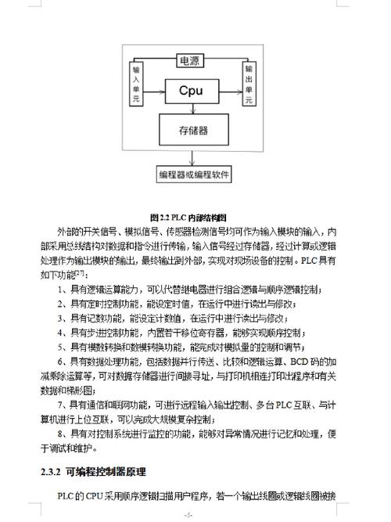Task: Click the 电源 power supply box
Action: click(x=190, y=61)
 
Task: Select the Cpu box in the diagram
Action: click(x=190, y=91)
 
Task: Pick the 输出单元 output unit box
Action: click(x=249, y=85)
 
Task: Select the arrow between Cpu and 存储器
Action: click(x=190, y=108)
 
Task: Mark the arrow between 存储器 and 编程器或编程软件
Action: click(x=192, y=157)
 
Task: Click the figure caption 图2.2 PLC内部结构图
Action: click(x=192, y=217)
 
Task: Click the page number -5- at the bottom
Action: click(x=188, y=514)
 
